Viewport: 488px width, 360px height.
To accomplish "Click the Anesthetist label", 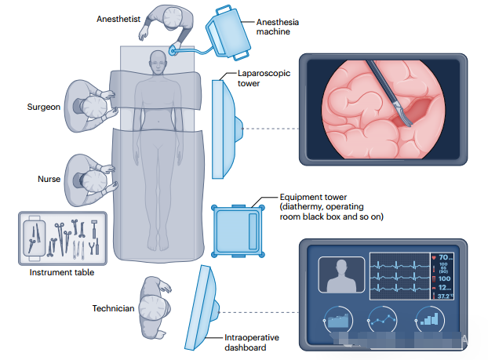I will [x=118, y=17].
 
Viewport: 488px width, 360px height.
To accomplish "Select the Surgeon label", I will [x=44, y=107].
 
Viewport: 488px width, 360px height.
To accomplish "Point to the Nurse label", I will [x=49, y=179].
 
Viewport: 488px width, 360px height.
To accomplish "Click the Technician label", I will [x=114, y=308].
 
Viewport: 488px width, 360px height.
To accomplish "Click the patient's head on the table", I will [x=158, y=60].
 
